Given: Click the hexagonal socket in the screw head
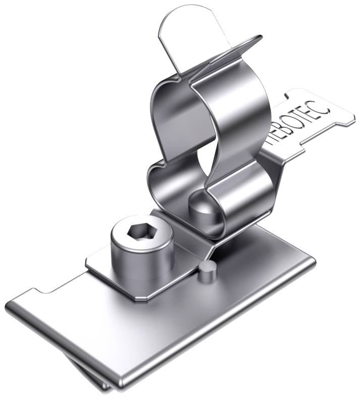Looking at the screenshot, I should tap(138, 231).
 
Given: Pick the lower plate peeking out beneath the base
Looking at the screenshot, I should tap(96, 376).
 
